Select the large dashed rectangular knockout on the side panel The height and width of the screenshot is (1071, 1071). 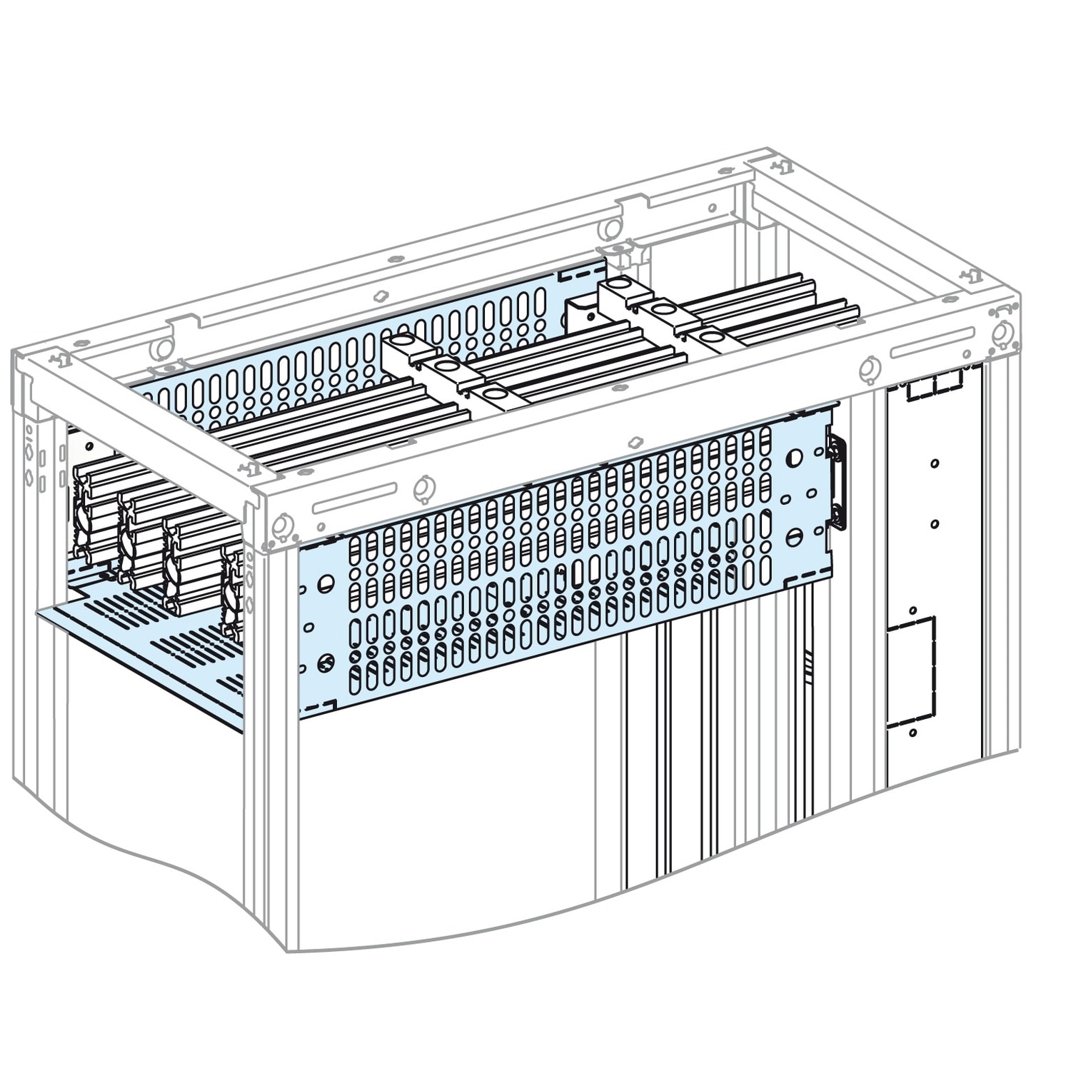(x=911, y=673)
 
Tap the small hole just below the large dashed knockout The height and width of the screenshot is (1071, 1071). (x=912, y=733)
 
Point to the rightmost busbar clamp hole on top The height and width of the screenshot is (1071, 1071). (x=713, y=335)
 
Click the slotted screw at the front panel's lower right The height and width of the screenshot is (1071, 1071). (x=796, y=536)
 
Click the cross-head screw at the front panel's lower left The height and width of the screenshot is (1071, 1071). (x=326, y=663)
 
